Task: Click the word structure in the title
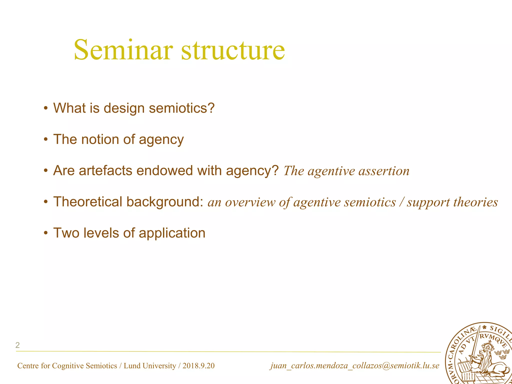tap(233, 50)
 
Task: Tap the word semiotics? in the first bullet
tap(182, 108)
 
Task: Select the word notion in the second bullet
tap(100, 139)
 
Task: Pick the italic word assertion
tap(384, 171)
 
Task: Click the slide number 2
tap(17, 345)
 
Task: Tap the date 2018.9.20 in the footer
tap(198, 366)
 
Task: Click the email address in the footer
tap(354, 366)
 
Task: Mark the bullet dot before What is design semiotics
tap(45, 108)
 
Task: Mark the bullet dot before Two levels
tap(45, 233)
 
